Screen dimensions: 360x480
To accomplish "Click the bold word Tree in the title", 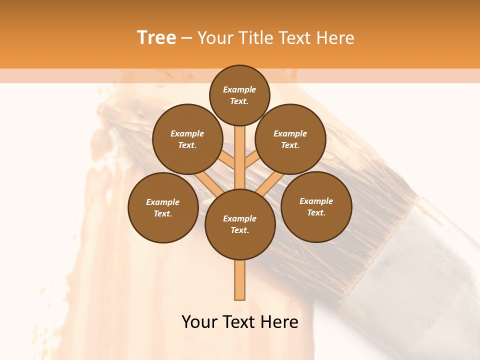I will [x=156, y=38].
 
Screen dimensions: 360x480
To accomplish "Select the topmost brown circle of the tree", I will [x=239, y=95].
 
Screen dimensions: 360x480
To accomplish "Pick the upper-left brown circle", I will [x=187, y=139].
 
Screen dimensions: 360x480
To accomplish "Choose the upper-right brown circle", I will [x=290, y=139].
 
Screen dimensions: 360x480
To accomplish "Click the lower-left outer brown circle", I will [x=163, y=207].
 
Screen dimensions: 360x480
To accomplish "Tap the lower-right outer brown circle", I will [x=316, y=206].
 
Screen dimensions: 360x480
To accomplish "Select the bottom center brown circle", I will [x=240, y=224].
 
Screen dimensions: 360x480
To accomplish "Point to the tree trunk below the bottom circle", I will [x=240, y=280].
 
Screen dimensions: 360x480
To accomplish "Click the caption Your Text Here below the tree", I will [x=240, y=322].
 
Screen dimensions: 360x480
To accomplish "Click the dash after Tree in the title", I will [x=186, y=38].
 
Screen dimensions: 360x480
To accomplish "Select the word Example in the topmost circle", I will [x=239, y=89].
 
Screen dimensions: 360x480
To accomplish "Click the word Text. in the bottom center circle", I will [x=239, y=230].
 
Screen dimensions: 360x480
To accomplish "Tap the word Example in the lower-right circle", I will [x=316, y=201].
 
